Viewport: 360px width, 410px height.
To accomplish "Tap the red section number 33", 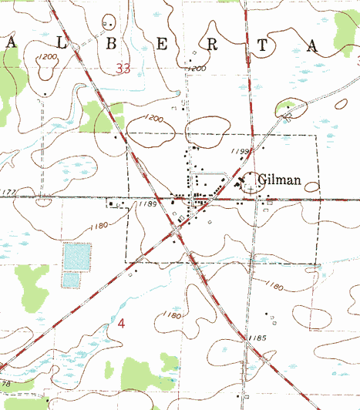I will pos(123,69).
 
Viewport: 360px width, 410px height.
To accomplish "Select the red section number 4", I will pos(120,323).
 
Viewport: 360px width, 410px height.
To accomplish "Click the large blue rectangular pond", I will pos(76,255).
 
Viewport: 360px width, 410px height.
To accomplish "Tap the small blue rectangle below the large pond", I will pos(70,279).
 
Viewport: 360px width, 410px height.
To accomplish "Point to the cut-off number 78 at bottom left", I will pos(7,383).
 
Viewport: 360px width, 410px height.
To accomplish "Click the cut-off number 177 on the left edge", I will pos(8,192).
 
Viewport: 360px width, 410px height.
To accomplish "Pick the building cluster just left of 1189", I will pos(118,205).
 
